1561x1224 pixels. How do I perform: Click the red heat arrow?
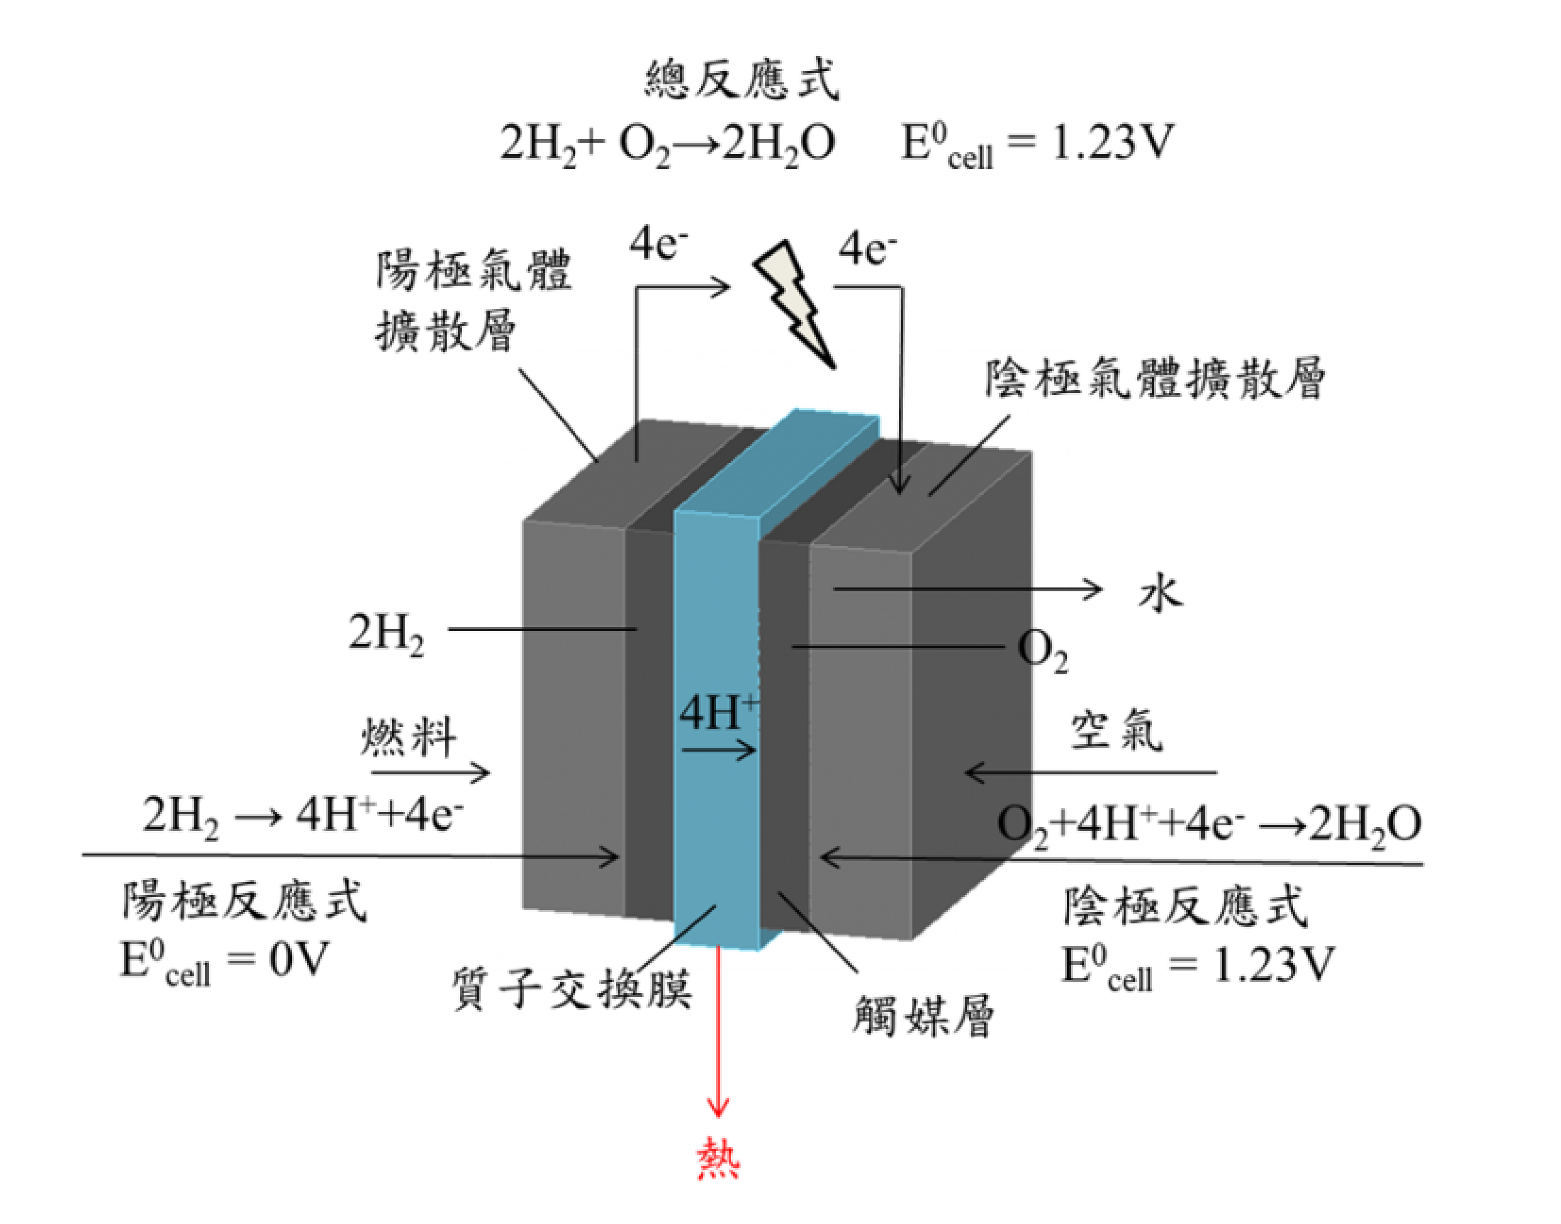718,1032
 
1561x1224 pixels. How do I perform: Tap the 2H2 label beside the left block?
386,633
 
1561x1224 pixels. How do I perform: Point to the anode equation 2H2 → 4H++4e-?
303,817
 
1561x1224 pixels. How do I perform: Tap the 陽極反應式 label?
244,901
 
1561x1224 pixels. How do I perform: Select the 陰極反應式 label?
1186,906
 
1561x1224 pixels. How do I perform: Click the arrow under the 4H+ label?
719,750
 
